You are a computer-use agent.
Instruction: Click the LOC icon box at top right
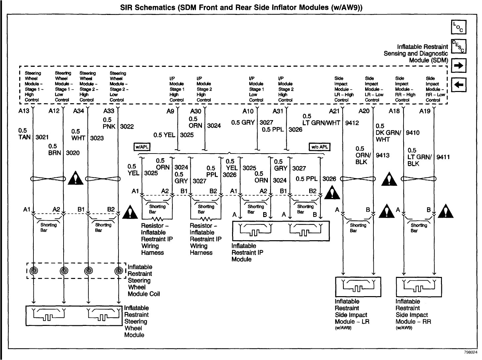(x=459, y=27)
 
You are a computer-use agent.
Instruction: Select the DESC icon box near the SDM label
(x=459, y=46)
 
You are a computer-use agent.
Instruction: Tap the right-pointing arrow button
(x=459, y=66)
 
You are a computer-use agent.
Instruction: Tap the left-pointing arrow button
(x=459, y=84)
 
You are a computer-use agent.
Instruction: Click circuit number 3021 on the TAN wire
(x=42, y=137)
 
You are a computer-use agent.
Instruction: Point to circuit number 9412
(x=352, y=123)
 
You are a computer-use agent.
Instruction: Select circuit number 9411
(x=443, y=157)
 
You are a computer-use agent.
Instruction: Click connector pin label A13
(x=24, y=111)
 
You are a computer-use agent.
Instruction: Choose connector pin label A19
(x=425, y=111)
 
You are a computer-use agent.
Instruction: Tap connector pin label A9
(x=170, y=112)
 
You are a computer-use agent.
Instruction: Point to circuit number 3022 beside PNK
(x=127, y=126)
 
